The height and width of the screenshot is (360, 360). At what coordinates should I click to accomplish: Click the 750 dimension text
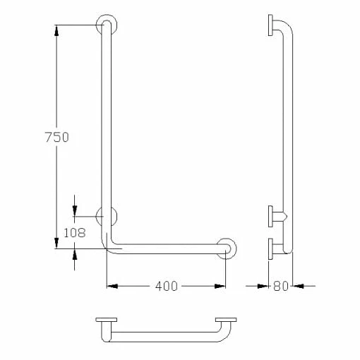point(56,138)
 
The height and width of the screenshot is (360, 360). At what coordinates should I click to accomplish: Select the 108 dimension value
point(75,232)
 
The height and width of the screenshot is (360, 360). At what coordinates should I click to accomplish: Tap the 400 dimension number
point(166,286)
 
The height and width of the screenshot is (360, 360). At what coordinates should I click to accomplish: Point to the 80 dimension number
point(282,286)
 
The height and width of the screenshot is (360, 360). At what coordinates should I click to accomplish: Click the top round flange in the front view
point(107,23)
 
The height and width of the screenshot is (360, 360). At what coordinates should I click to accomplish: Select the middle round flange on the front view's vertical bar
point(107,215)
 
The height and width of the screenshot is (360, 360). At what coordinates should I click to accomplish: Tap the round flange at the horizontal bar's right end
point(227,248)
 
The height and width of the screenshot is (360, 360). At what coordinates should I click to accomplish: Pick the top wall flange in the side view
point(271,25)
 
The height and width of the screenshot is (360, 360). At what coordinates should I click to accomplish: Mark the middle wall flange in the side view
point(271,215)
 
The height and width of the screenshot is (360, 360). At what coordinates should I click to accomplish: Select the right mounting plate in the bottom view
point(226,321)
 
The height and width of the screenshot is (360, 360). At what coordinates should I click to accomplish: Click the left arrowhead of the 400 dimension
point(112,286)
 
